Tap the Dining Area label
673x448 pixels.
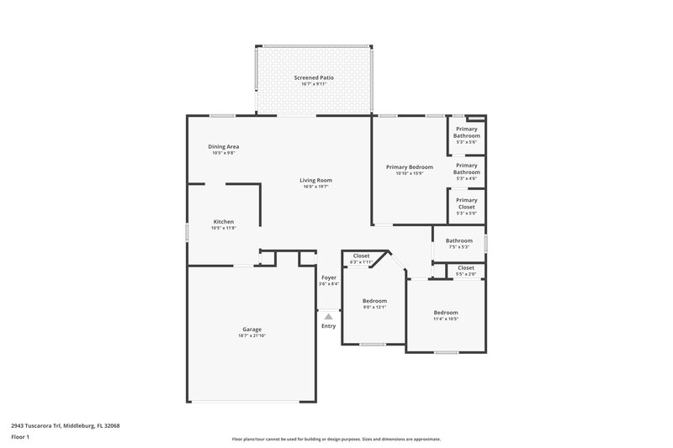click(x=224, y=147)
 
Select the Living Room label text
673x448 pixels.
click(x=316, y=180)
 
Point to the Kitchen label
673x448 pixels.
click(x=223, y=222)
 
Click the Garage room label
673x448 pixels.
click(x=252, y=329)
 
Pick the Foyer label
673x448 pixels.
click(x=329, y=277)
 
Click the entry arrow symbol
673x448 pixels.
click(x=329, y=316)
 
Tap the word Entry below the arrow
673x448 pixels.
click(x=328, y=326)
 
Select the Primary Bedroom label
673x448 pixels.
click(x=409, y=167)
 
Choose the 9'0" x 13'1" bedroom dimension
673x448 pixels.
click(x=374, y=308)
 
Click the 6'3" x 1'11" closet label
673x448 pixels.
click(x=361, y=262)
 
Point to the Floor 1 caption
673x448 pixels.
click(x=20, y=438)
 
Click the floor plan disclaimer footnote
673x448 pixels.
click(x=336, y=439)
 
